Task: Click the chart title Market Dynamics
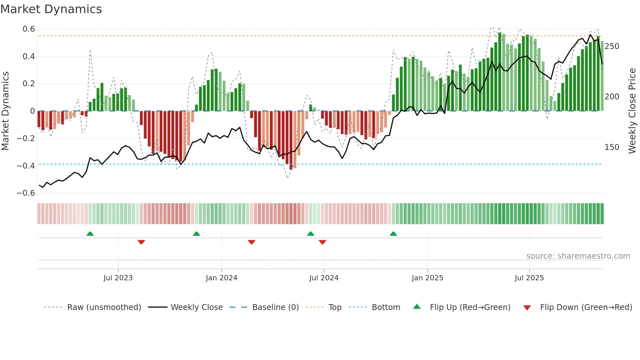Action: tap(51, 9)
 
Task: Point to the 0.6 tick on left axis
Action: tap(29, 29)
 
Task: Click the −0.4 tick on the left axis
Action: tap(26, 166)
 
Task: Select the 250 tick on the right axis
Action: tap(612, 46)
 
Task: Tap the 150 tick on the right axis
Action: tap(612, 147)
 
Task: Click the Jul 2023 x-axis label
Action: tap(118, 278)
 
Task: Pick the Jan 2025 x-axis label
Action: tap(427, 278)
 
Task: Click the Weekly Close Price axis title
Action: tap(632, 111)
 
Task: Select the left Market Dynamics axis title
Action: tap(5, 111)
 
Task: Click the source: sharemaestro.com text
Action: tap(578, 256)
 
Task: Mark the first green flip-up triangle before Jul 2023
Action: tap(90, 234)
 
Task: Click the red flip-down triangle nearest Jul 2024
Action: tap(322, 242)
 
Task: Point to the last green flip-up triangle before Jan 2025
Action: tap(393, 234)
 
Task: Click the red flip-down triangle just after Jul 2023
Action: tap(141, 242)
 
